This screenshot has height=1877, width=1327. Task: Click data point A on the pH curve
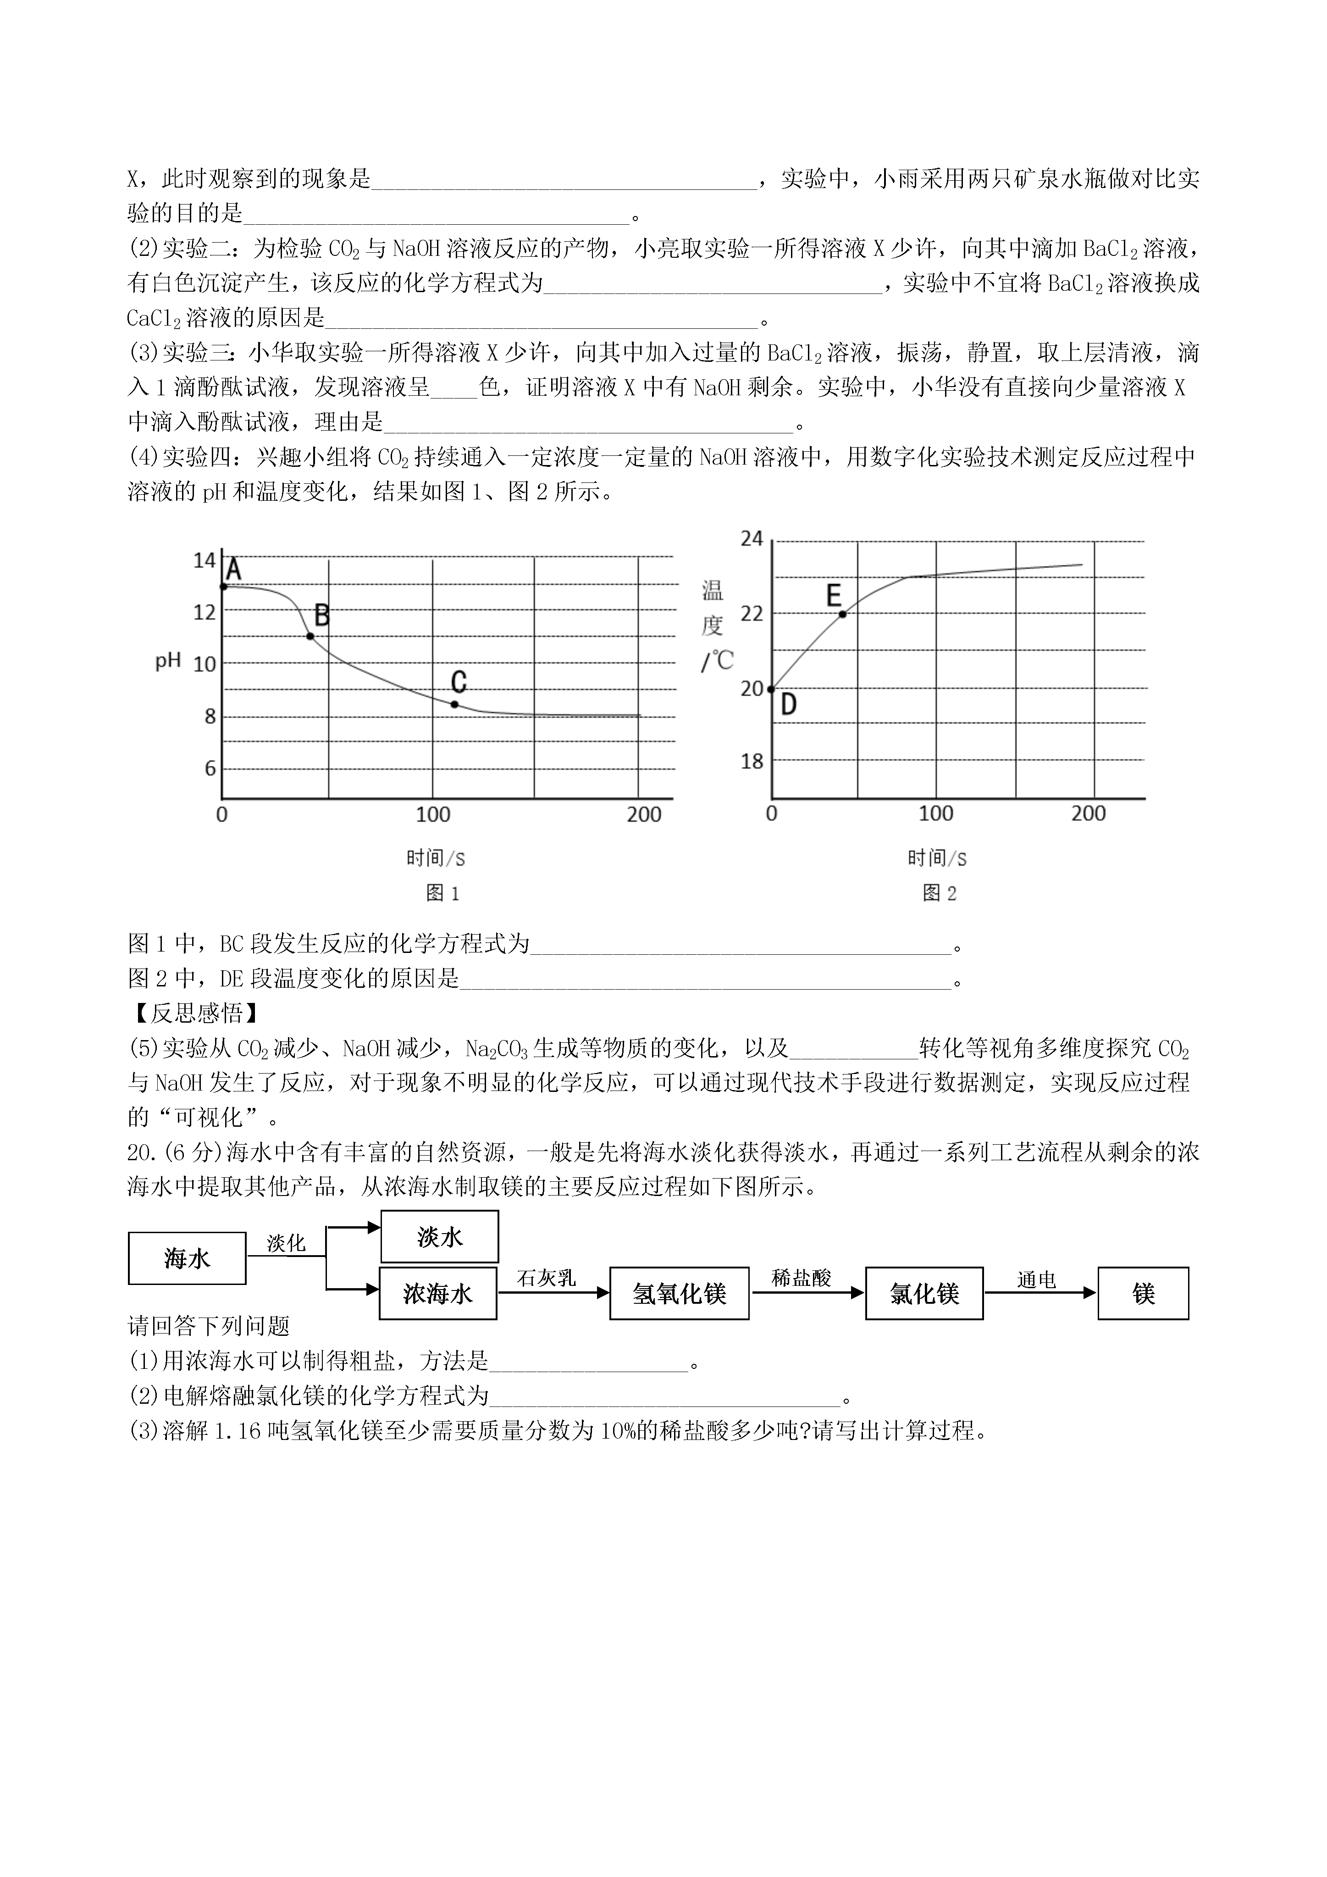[223, 586]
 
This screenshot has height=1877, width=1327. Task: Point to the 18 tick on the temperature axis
[752, 761]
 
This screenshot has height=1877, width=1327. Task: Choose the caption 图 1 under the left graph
[443, 893]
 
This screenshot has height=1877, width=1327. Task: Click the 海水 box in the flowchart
[187, 1258]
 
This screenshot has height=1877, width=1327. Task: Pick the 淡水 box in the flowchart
[440, 1237]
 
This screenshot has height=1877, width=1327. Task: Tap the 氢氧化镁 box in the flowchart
[680, 1293]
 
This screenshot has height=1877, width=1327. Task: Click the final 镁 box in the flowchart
[1143, 1293]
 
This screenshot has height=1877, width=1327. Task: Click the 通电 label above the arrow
[1037, 1280]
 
